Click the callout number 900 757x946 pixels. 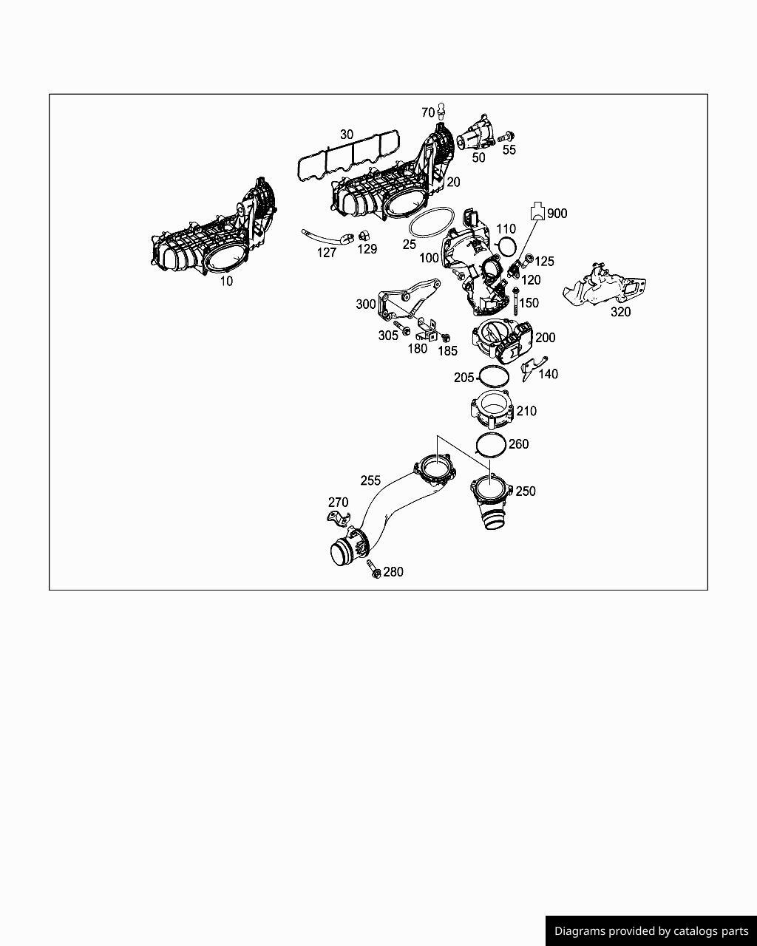tap(557, 214)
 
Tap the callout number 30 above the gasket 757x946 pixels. tap(347, 135)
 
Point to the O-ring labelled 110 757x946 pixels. tap(506, 245)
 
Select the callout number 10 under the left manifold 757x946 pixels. tap(226, 282)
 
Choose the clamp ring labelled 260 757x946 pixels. tap(491, 444)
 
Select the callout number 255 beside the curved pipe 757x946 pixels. tap(370, 480)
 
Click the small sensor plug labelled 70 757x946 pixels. tap(441, 111)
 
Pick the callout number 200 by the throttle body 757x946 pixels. tap(545, 338)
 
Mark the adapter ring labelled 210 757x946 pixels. tap(492, 410)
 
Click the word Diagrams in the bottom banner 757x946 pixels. tap(580, 931)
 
